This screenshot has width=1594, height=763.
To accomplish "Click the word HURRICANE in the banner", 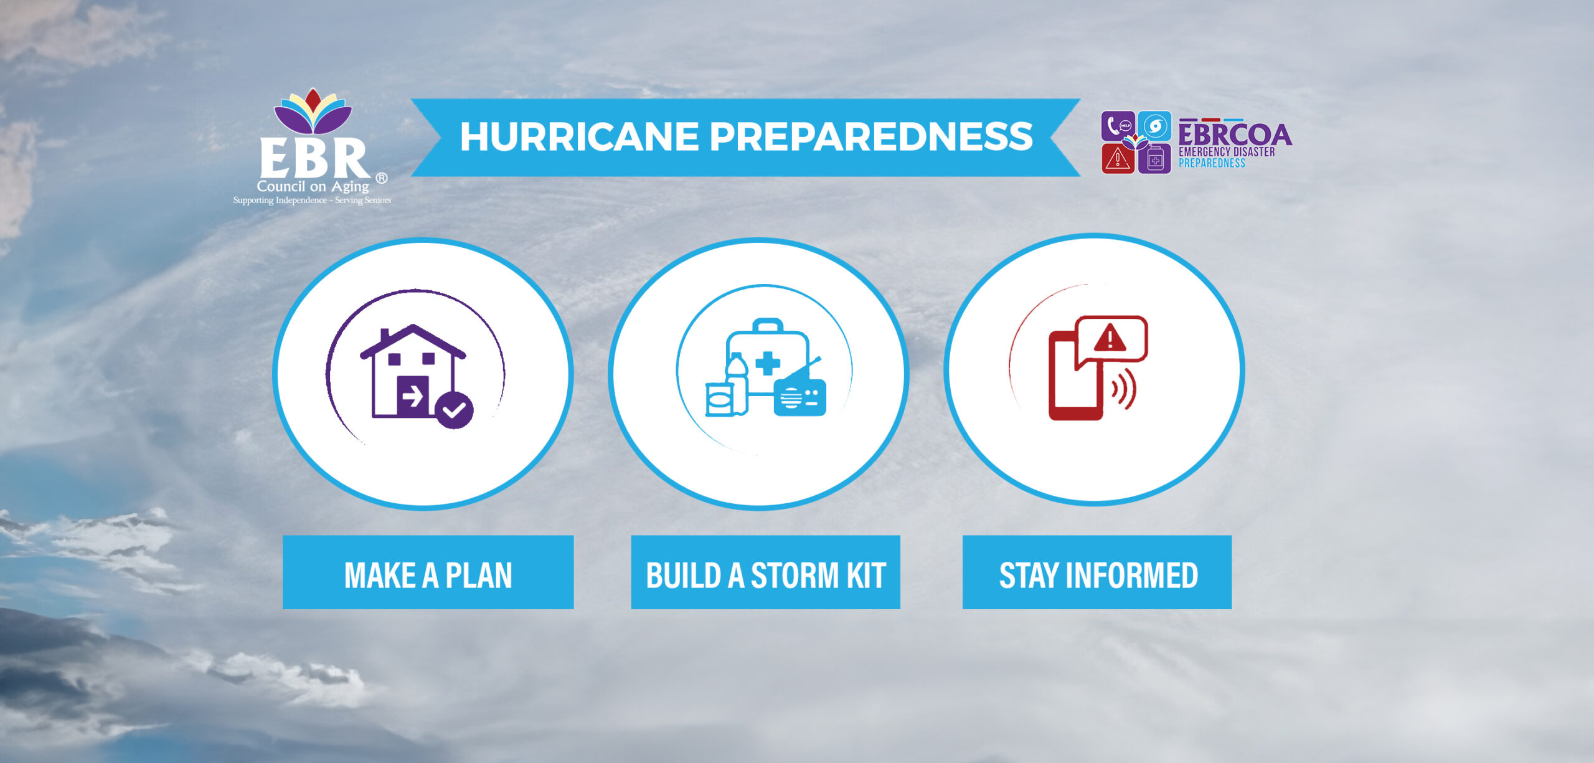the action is click(x=579, y=136).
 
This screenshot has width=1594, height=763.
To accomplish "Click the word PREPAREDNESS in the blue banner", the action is click(x=871, y=136).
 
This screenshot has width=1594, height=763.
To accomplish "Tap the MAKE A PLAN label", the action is click(x=428, y=575).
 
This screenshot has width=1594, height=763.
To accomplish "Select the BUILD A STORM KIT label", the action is click(x=765, y=575).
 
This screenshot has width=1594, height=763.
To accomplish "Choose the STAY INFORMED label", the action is click(x=1098, y=575).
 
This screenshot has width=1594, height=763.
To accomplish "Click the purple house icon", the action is click(x=412, y=371).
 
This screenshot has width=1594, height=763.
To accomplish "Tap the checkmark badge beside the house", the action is click(x=455, y=410).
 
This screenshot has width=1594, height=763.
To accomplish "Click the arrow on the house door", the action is click(x=412, y=396).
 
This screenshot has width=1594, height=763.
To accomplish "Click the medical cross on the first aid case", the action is click(x=767, y=363).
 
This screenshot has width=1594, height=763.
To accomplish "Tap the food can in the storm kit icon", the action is click(x=718, y=399).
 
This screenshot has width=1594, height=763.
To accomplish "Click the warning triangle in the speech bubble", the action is click(x=1110, y=339).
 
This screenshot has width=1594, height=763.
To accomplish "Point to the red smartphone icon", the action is click(x=1075, y=376).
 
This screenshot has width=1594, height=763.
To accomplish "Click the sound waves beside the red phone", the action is click(x=1124, y=390).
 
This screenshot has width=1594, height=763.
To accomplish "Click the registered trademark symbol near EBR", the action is click(x=382, y=178).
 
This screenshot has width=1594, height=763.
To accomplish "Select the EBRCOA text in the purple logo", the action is click(x=1235, y=134).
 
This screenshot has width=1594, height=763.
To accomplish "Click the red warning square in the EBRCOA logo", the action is click(x=1118, y=159).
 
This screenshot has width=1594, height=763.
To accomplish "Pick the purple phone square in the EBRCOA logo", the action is click(x=1118, y=126).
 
